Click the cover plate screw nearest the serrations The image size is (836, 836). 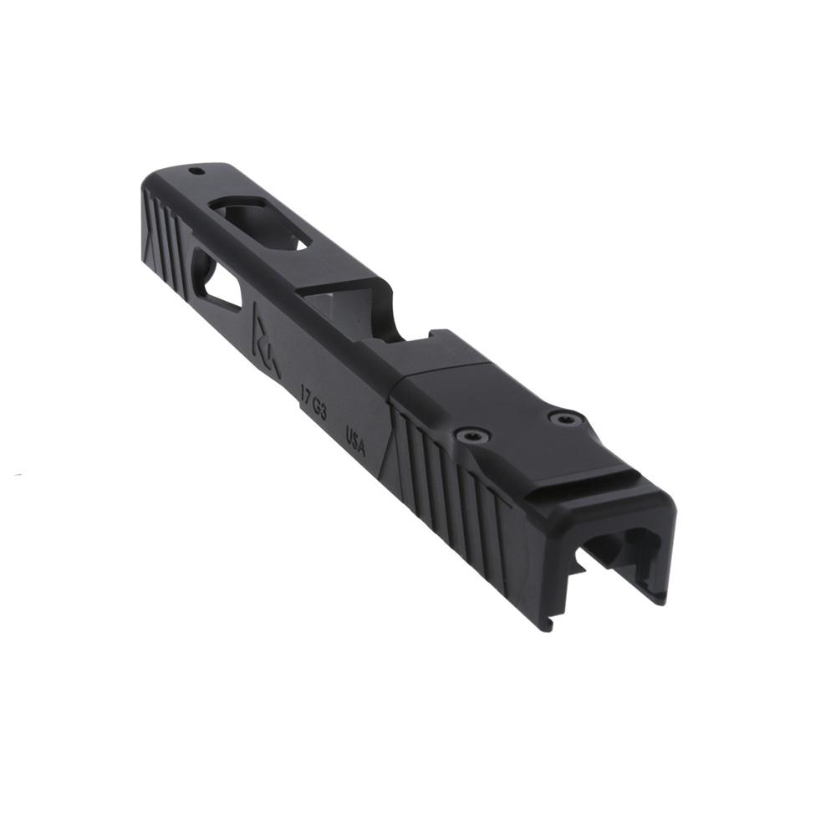472,435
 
